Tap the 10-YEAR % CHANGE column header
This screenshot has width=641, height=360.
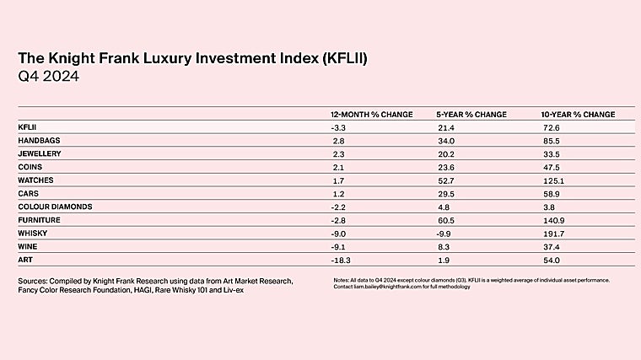coord(578,114)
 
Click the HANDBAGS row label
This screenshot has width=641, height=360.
coord(38,141)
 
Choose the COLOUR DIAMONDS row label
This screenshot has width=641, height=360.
coord(55,207)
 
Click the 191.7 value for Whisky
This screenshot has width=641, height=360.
coord(552,233)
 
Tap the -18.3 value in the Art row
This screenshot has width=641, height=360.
coord(342,259)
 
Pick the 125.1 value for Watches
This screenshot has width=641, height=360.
coord(552,180)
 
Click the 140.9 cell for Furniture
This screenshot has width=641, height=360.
coord(553,219)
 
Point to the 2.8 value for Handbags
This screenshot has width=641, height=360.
coord(339,141)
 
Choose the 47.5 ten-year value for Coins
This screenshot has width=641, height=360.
coord(551,167)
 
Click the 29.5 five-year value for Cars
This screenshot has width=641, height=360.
coord(444,193)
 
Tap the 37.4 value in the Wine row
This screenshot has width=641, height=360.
coord(551,245)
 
